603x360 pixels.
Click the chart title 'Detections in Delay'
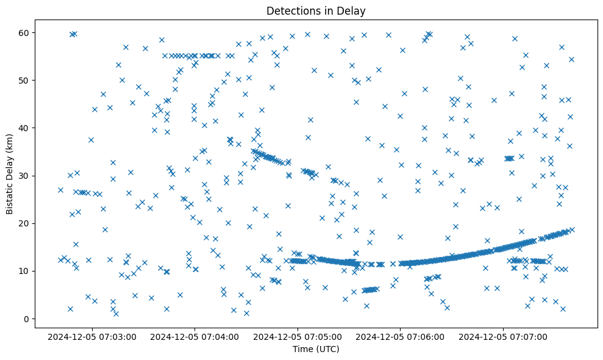[x=316, y=10]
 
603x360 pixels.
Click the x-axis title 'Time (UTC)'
[x=316, y=349]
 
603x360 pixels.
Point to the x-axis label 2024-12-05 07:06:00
[x=401, y=336]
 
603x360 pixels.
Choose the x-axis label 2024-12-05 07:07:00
[x=504, y=336]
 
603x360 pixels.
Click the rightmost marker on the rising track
[x=571, y=229]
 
